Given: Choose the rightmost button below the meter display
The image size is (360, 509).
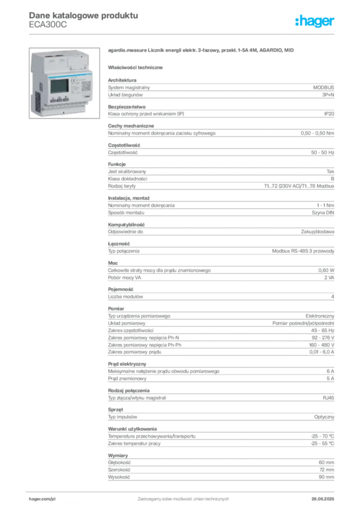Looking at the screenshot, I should click(66, 99).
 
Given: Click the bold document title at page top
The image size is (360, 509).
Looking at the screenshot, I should click(83, 15).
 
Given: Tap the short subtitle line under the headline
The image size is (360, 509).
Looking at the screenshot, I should click(137, 67).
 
